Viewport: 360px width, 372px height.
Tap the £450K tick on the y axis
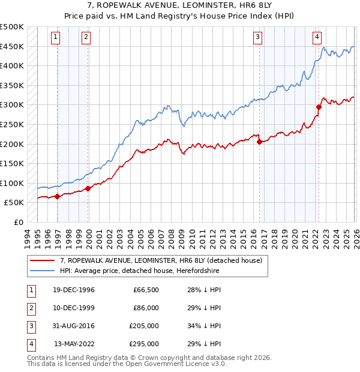click(x=12, y=47)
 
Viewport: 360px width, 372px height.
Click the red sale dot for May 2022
click(x=319, y=107)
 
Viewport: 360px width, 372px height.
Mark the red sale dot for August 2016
click(x=259, y=142)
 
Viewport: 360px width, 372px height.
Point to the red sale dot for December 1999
click(x=88, y=188)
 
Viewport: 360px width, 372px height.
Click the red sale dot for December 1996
click(x=58, y=196)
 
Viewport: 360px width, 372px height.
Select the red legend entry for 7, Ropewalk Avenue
click(x=160, y=261)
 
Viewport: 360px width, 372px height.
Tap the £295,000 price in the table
click(x=143, y=344)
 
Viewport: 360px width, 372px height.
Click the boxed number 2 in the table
click(x=30, y=308)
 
